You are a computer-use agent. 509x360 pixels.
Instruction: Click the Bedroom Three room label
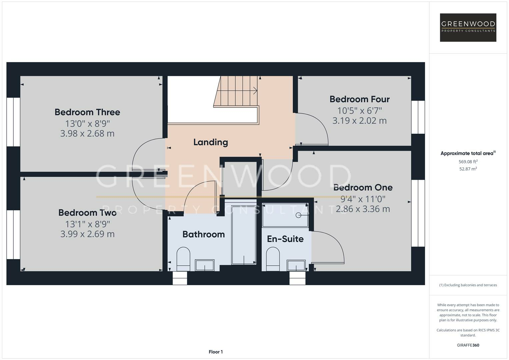(87, 112)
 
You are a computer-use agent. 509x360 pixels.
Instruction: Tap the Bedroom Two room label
(87, 213)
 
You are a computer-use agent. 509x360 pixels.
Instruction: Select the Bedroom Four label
(359, 99)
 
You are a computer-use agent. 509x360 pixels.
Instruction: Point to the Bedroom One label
(363, 187)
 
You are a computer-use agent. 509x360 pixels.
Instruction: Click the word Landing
(211, 142)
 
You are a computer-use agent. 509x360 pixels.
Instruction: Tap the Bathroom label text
(203, 234)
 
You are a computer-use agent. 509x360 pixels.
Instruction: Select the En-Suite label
(285, 239)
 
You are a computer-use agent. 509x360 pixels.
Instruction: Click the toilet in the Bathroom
(183, 259)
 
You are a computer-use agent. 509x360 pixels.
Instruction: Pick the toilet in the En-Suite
(273, 259)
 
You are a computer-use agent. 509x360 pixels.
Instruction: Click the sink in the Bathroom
(205, 265)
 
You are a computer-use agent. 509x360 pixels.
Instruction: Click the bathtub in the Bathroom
(244, 235)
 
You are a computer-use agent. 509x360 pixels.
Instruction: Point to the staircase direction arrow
(255, 90)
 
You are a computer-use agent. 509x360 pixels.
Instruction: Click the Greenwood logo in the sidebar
(468, 27)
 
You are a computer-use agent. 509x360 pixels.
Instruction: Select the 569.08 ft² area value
(468, 162)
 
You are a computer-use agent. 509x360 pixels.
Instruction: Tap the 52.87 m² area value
(468, 169)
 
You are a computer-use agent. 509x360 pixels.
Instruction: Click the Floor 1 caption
(216, 352)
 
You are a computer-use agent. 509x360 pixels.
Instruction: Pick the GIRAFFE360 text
(468, 345)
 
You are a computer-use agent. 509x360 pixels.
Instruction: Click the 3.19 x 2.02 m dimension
(359, 121)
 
